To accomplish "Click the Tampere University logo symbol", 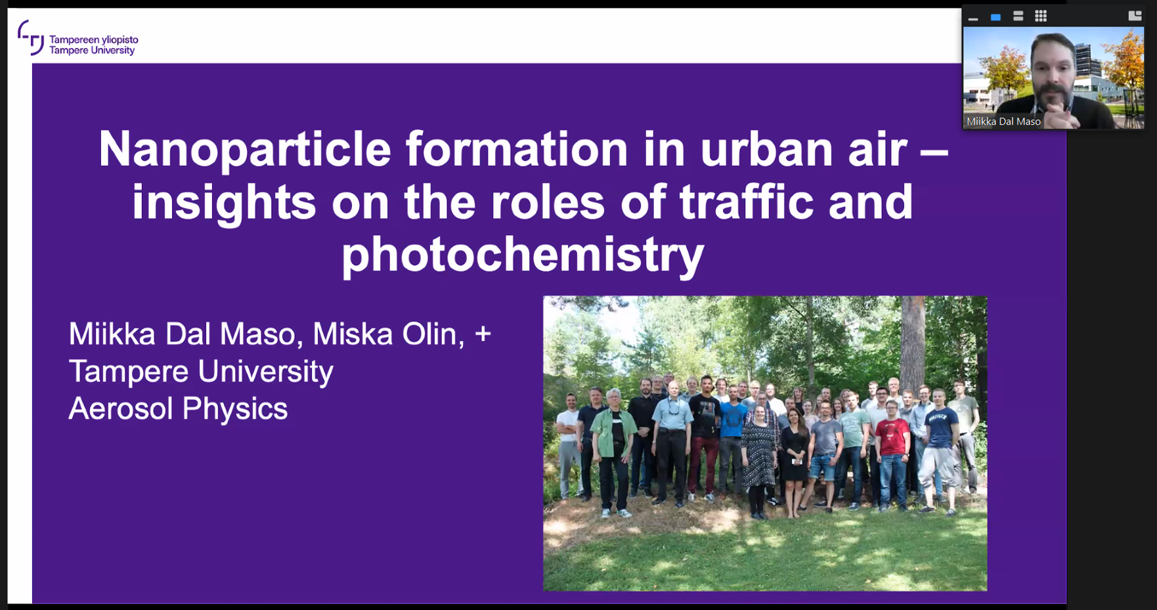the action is point(31,37).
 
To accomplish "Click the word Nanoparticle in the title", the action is point(245,149).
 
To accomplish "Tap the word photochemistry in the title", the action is point(523,255).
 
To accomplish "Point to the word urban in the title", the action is point(766,149).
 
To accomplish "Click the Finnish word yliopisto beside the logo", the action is point(116,40).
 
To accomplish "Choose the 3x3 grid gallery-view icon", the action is point(1041,16).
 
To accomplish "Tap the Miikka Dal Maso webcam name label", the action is point(1003,121).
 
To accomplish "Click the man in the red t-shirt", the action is point(892,447).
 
